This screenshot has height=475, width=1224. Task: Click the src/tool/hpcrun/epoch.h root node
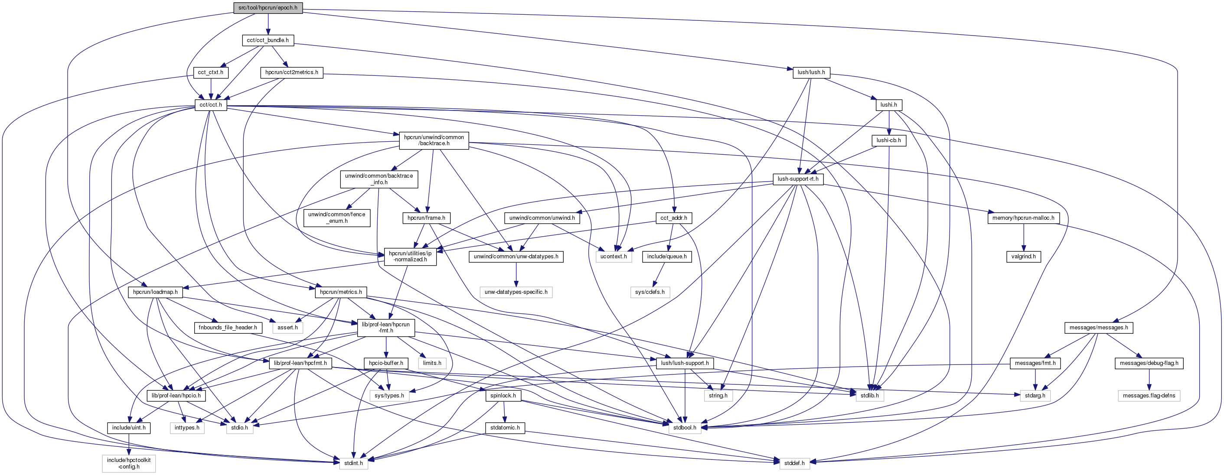(268, 8)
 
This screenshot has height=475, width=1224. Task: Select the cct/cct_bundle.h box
(268, 40)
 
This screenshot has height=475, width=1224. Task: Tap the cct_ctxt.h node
(210, 72)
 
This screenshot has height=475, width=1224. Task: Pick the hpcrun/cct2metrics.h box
(292, 72)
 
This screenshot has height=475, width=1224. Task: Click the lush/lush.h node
(811, 72)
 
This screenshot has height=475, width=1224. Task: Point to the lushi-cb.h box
(888, 140)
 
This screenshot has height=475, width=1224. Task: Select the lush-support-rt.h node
(798, 179)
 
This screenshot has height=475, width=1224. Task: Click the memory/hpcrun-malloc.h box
(1023, 218)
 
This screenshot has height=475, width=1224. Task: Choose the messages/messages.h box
(1099, 327)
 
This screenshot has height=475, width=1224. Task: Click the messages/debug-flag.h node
(1149, 363)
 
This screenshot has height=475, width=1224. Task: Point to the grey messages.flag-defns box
(1149, 395)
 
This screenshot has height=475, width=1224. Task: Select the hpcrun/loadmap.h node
(155, 292)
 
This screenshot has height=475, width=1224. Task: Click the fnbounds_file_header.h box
(228, 327)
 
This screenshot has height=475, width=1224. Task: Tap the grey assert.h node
(287, 327)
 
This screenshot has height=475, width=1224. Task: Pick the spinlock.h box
(503, 395)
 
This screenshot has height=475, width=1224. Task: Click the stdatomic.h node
(505, 427)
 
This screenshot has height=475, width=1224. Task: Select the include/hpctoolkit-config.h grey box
(129, 463)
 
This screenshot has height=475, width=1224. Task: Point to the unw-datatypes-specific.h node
(516, 292)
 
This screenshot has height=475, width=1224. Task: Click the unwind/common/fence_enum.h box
(337, 218)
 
